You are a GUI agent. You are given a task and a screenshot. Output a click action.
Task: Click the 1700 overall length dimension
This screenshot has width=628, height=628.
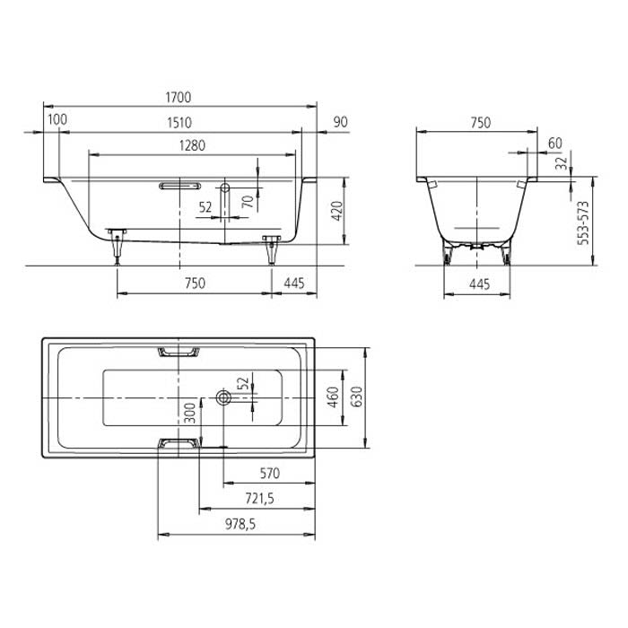coord(179,97)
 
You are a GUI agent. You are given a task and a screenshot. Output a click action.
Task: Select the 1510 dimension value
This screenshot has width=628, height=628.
coord(179,122)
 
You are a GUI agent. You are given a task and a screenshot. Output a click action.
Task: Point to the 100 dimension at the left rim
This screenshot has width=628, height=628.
coord(57,119)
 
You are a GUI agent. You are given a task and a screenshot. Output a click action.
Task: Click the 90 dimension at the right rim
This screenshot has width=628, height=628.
coord(340,122)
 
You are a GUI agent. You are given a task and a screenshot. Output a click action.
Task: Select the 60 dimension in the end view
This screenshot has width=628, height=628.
coord(554,144)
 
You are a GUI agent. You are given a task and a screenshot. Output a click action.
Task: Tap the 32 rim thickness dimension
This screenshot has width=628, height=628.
coord(560,163)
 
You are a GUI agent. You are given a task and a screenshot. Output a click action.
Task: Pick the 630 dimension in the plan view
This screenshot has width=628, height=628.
coord(357,396)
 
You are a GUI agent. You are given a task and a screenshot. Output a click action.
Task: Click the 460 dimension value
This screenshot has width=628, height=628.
coord(332,396)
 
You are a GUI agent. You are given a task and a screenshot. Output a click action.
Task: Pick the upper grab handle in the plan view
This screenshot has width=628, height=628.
coord(179,352)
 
